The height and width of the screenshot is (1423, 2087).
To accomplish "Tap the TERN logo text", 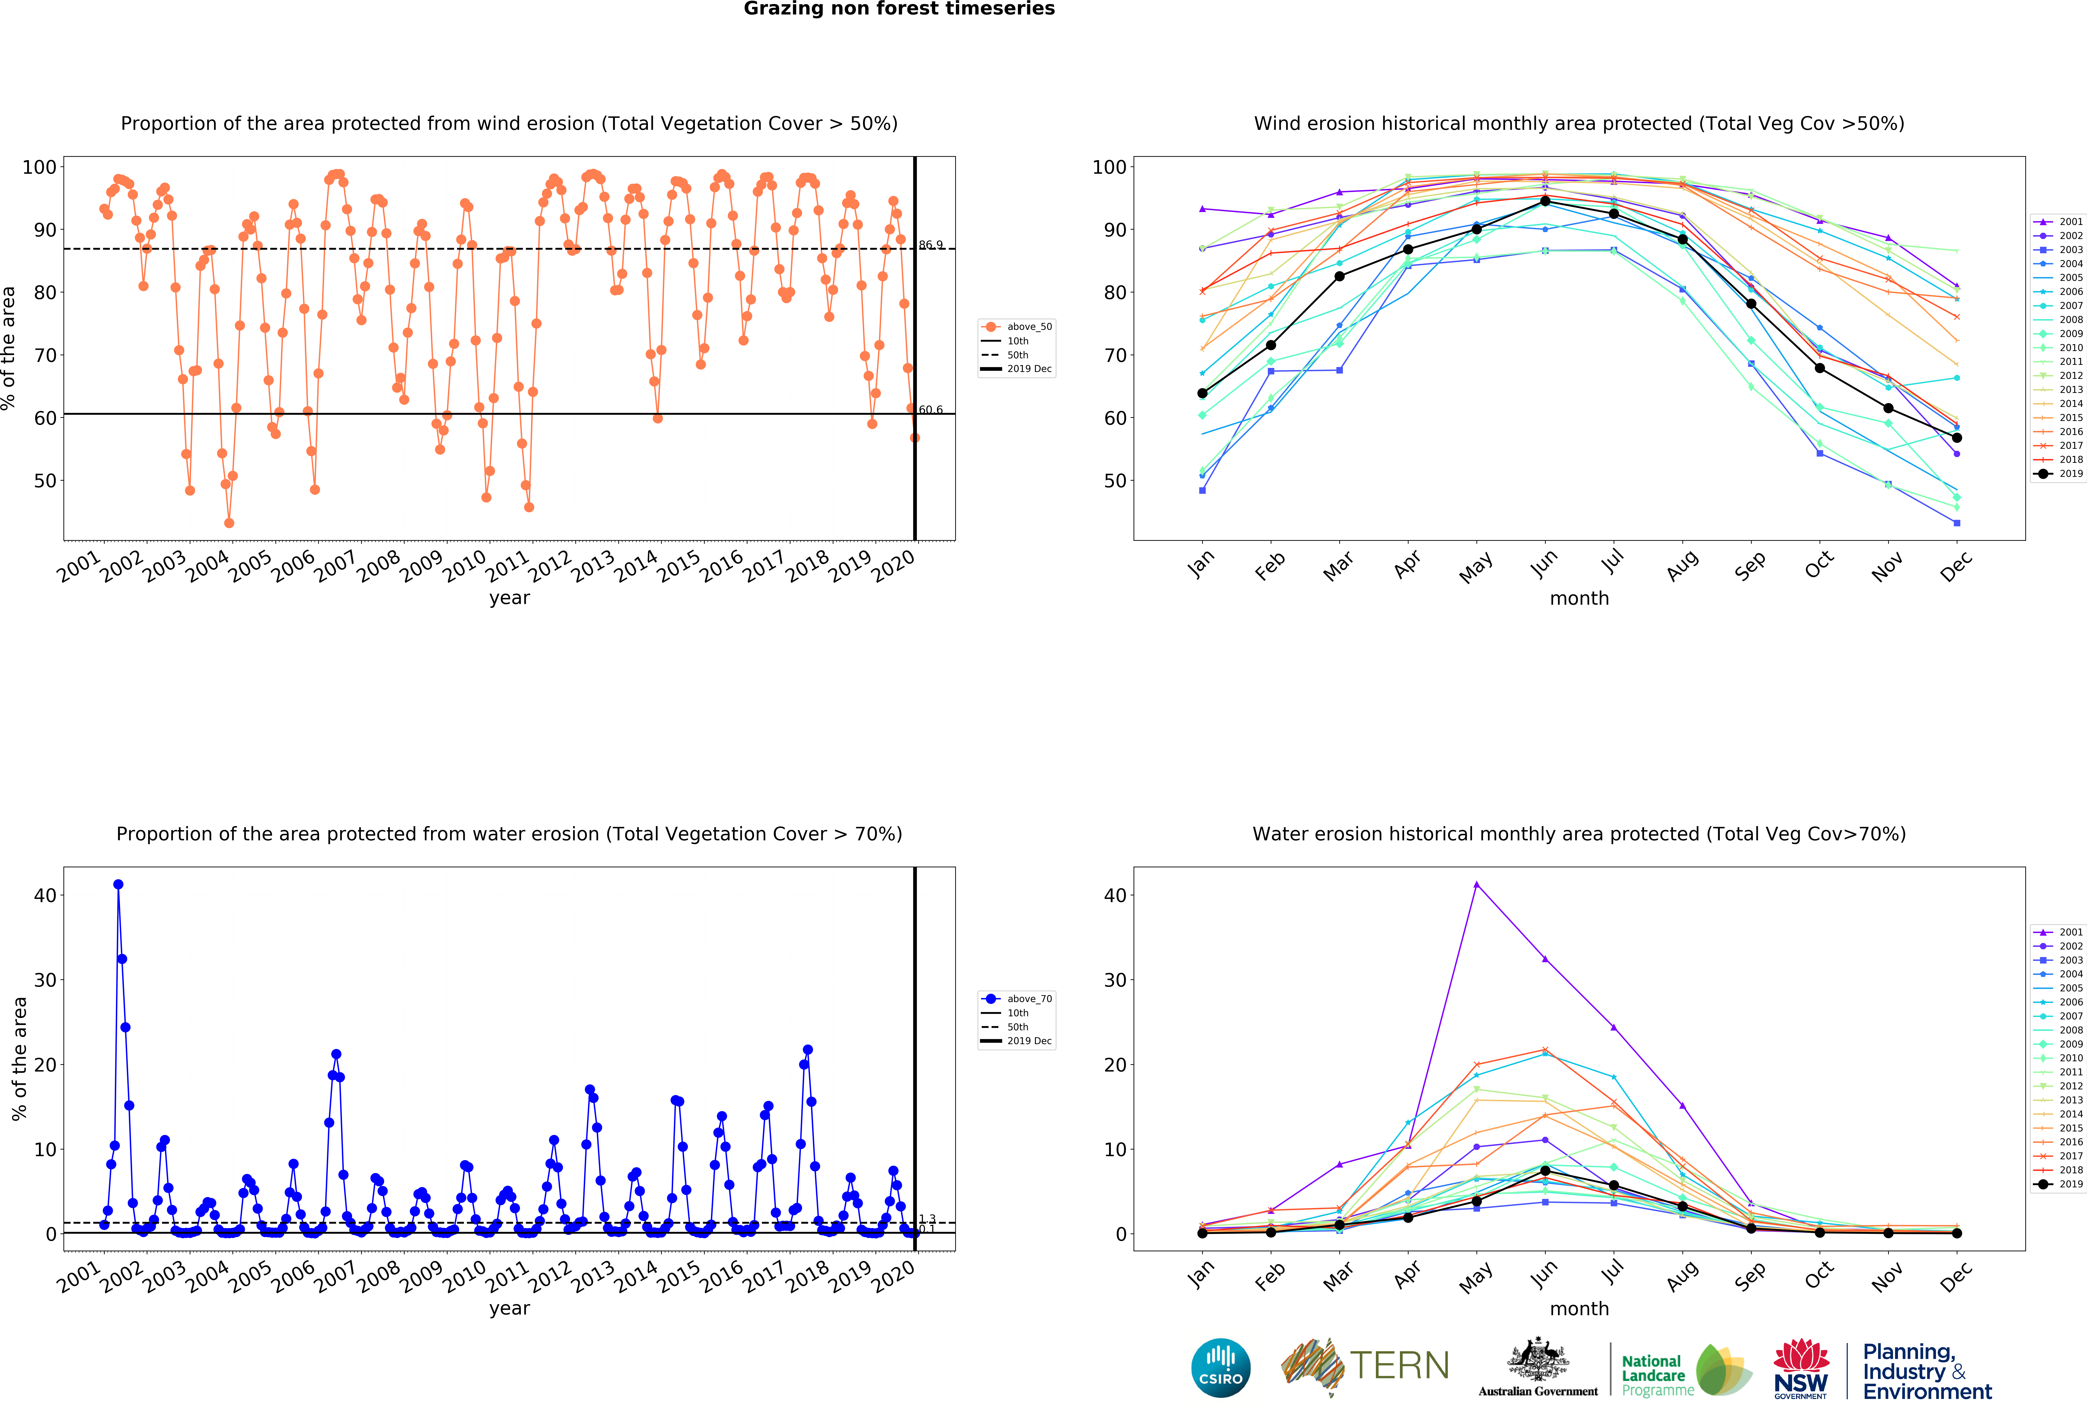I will click(1399, 1366).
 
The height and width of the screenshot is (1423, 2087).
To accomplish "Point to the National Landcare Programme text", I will click(1657, 1374).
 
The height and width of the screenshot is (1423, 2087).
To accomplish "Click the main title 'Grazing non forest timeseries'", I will click(899, 9).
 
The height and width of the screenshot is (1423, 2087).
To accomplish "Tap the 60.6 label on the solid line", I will click(930, 410).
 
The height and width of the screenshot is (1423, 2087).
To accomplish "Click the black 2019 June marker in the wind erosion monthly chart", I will click(1545, 201).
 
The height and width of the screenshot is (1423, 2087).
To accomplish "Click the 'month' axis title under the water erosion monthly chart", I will click(1579, 1309).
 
